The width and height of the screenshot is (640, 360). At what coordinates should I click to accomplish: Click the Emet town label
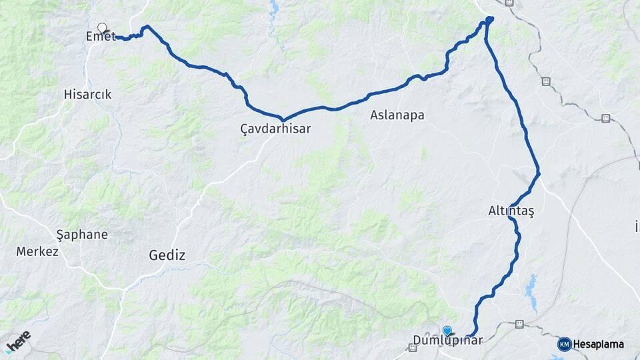[x=101, y=37]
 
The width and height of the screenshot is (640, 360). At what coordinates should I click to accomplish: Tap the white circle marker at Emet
[x=102, y=28]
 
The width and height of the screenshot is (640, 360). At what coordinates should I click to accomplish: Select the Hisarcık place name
[x=87, y=95]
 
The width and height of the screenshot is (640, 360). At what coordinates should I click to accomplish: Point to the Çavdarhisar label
[x=275, y=129]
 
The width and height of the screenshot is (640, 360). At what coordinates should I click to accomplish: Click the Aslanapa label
[x=397, y=115]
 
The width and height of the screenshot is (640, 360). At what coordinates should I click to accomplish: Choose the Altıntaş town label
[x=511, y=211]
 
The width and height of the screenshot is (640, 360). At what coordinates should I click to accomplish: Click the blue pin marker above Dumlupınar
[x=447, y=330]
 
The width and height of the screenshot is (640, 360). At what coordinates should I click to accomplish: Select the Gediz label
[x=167, y=255]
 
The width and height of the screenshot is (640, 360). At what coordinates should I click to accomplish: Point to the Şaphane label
[x=82, y=235]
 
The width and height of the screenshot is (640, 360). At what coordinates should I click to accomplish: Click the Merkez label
[x=37, y=251]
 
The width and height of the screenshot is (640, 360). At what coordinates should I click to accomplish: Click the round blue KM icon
[x=564, y=344]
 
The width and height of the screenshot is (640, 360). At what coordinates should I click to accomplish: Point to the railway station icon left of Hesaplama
[x=519, y=325]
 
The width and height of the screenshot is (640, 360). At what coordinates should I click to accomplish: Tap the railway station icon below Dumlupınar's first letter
[x=413, y=348]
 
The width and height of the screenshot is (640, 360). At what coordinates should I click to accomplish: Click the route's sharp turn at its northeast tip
[x=490, y=19]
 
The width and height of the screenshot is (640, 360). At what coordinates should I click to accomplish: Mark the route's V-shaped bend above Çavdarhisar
[x=283, y=120]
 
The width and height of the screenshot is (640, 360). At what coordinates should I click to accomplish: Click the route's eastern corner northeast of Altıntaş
[x=538, y=174]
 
